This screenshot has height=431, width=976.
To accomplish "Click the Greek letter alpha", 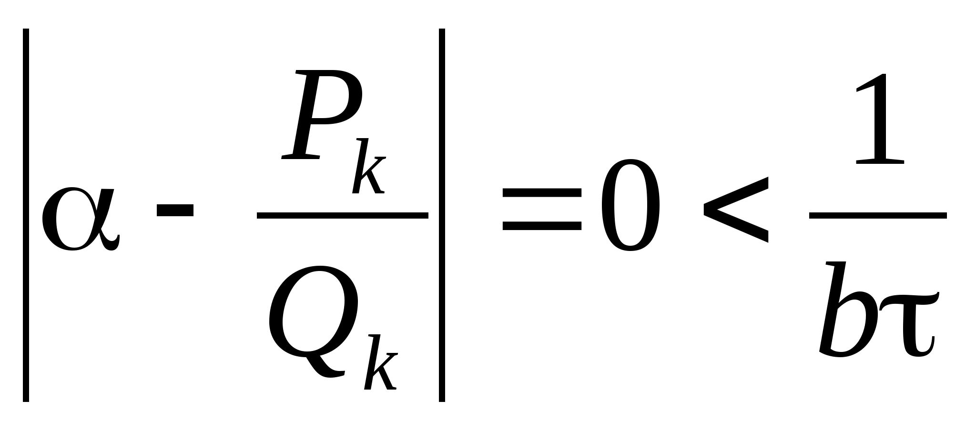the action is (x=79, y=219).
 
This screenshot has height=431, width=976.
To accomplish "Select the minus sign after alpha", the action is (x=175, y=210).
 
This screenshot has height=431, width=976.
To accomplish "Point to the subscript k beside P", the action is (x=368, y=167).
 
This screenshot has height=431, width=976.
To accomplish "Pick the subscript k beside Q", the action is (x=380, y=362).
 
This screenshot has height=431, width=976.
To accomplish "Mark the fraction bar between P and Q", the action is (x=342, y=215).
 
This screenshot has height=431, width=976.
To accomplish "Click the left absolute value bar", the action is (x=26, y=215).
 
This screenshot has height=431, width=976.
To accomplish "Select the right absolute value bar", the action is (x=442, y=215).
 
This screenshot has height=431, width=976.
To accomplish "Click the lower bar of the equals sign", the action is (x=542, y=226).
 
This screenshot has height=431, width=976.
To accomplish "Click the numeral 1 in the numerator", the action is (x=879, y=119).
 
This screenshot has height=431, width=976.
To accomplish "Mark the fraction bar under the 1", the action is (x=878, y=216).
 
